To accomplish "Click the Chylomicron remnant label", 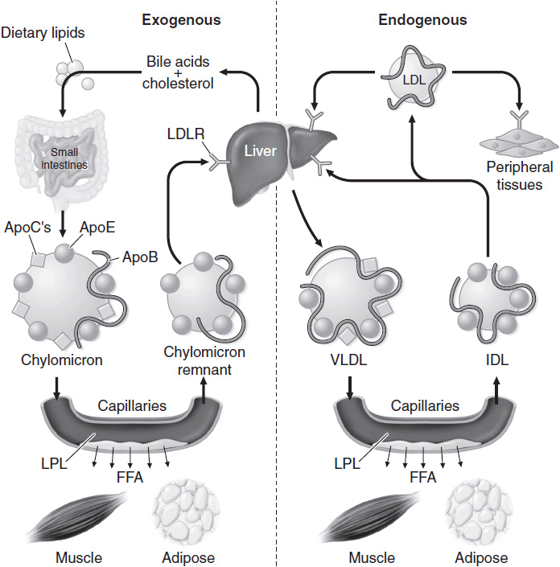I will pos(204,360).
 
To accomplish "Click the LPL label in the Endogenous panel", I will pos(345,463).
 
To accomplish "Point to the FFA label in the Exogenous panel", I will pos(129,477).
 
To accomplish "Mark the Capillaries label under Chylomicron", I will pos(132,406).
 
